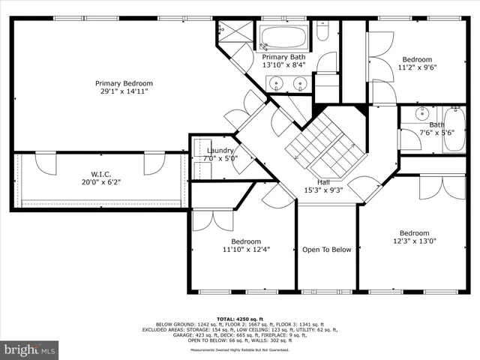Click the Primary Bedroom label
[124, 83]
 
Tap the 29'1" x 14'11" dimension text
[124, 91]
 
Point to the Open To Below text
[326, 250]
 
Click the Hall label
[323, 182]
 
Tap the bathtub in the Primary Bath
[282, 37]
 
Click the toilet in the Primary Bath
[322, 32]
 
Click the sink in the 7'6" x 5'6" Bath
[421, 115]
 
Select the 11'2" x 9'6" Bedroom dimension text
[417, 67]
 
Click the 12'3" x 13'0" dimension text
[414, 241]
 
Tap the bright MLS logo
[30, 349]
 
